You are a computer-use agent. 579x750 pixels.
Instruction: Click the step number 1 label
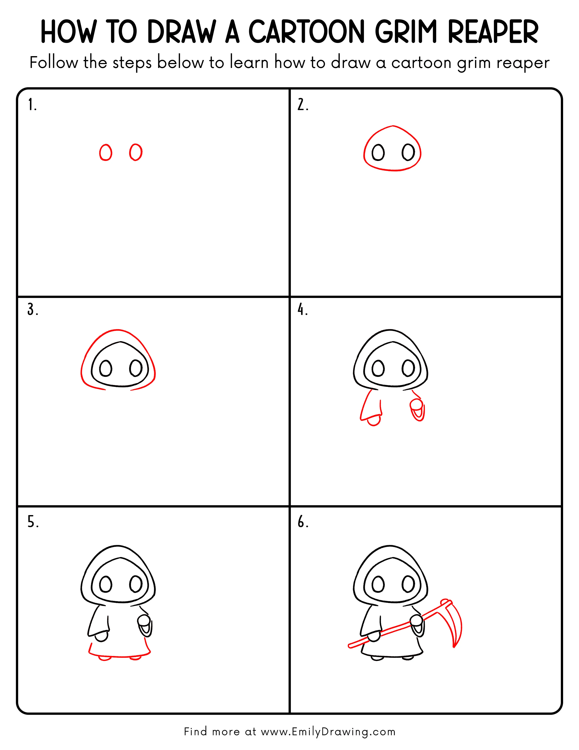[32, 105]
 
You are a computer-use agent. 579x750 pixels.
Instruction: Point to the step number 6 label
[302, 522]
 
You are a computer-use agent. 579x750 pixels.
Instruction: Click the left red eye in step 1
[106, 152]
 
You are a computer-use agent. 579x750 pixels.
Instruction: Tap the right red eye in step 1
[136, 152]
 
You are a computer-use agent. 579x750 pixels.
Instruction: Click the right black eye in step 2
[408, 152]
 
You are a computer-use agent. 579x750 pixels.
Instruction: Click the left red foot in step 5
[105, 658]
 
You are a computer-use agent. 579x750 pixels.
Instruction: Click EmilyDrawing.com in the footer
[343, 731]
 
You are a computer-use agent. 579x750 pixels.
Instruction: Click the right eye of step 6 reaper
[408, 584]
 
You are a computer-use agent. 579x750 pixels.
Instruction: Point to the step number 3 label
[32, 310]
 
